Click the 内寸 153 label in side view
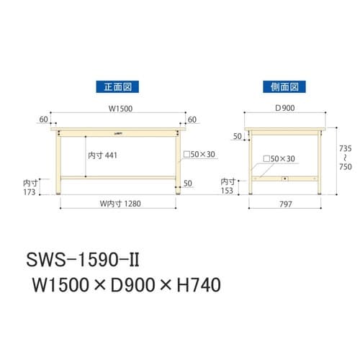tap(228, 186)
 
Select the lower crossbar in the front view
tap(118, 177)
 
